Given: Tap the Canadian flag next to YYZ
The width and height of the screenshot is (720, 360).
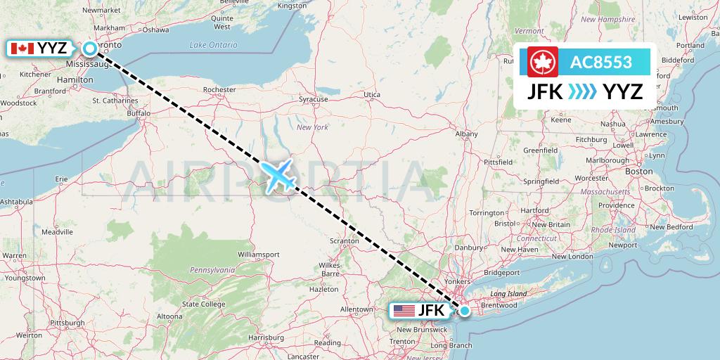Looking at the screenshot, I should pos(22,49).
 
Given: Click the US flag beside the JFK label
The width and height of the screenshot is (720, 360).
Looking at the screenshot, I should pos(404,310).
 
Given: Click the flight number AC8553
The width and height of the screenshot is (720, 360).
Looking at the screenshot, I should pos(601,62).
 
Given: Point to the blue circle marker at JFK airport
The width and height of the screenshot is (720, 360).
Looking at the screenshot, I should pos(465,310).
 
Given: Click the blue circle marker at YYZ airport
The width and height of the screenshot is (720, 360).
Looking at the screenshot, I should pos(90,49).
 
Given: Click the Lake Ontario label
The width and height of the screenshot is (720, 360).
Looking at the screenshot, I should pos(214,45).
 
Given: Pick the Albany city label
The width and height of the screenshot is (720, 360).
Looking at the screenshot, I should pos(467,133).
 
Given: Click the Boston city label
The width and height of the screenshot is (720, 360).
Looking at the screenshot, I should pos(639,171).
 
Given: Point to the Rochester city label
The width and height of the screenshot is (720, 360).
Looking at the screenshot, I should pos(219,90).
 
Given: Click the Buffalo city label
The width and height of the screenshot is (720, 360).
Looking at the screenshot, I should pos(139,112).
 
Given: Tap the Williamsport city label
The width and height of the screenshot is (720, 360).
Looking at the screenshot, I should pos(259,254).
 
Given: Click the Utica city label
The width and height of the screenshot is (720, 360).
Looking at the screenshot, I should pos(372,94).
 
